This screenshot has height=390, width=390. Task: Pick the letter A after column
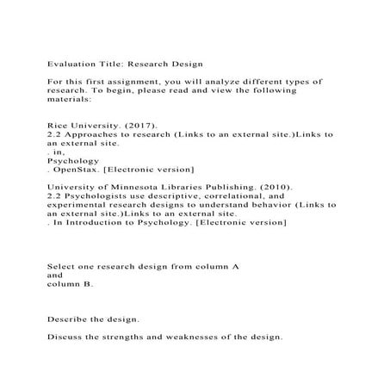coord(235,266)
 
